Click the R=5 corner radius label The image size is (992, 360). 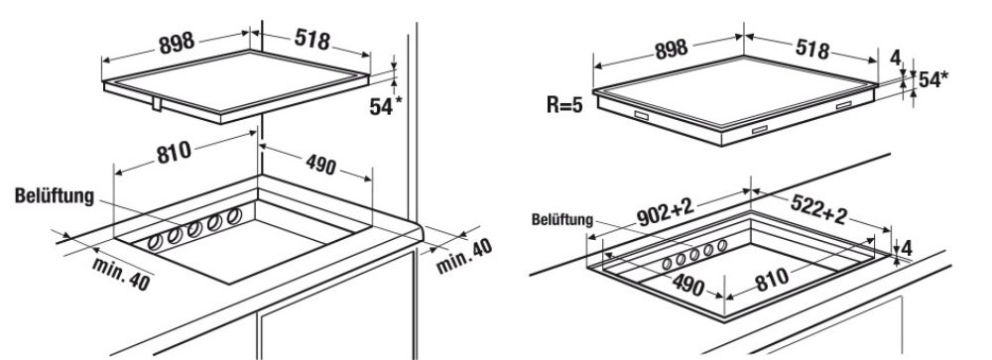coord(564,104)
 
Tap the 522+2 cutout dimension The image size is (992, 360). coord(818,209)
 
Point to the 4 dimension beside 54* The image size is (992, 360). coord(895,58)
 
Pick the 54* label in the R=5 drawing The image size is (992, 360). coord(933,79)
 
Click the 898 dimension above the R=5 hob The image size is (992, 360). coord(670,50)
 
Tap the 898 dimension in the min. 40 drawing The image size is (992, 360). coord(177,43)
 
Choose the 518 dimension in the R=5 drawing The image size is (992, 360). coord(811,49)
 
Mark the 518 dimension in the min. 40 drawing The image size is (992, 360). coord(311,40)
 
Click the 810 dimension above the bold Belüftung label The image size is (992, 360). coord(174,152)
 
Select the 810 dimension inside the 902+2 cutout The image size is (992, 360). coord(771,279)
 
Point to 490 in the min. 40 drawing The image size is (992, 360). coord(320,166)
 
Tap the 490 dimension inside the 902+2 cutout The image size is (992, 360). coord(688,285)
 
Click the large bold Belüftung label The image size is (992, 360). coord(55,196)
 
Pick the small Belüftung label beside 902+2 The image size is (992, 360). coord(562,219)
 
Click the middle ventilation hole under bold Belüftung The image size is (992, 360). coord(194,228)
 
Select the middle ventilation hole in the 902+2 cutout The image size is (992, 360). coord(694,254)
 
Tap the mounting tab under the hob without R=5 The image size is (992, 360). coord(157,104)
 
